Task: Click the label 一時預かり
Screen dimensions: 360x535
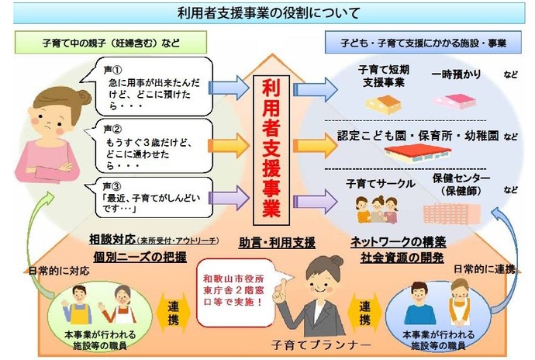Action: coord(455,75)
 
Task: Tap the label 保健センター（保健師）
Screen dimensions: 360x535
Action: coord(462,183)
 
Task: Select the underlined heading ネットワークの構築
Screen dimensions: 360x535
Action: coord(388,241)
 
